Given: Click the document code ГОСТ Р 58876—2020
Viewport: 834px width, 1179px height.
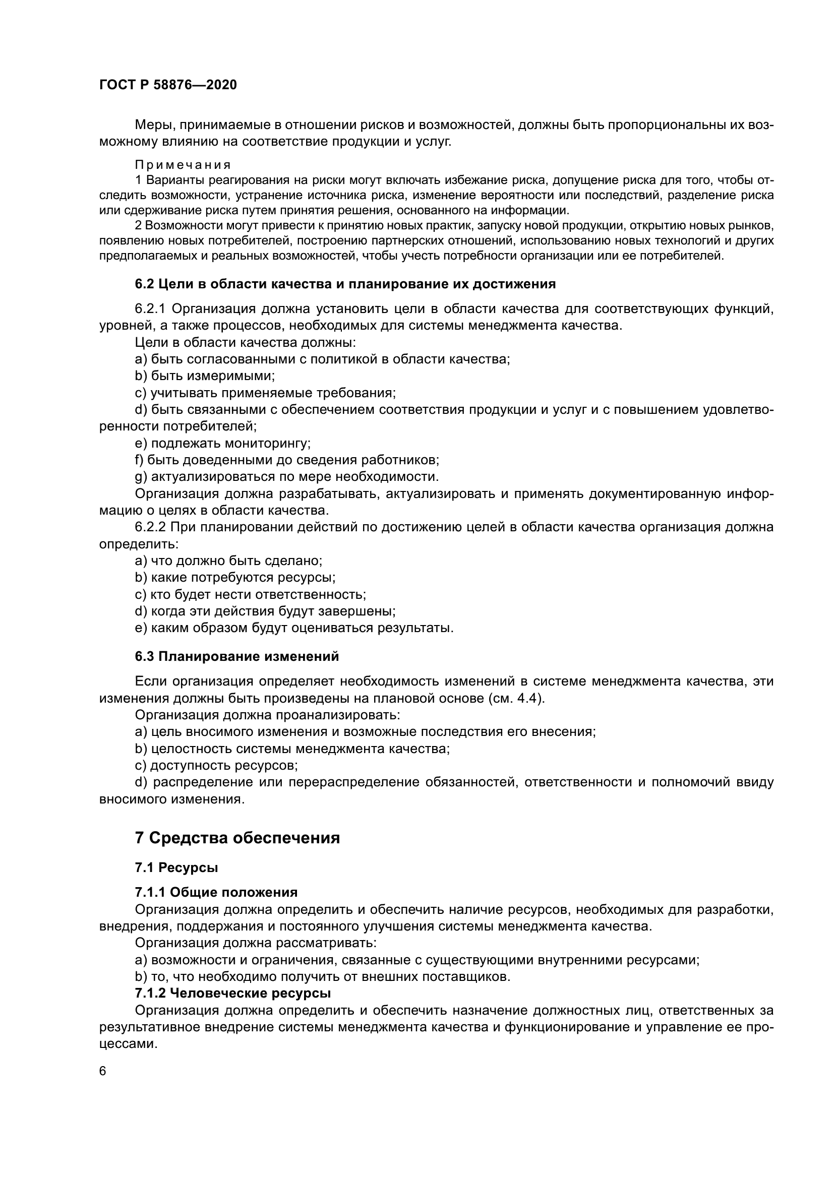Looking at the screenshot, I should click(168, 85).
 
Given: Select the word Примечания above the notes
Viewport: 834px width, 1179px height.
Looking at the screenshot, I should click(183, 165).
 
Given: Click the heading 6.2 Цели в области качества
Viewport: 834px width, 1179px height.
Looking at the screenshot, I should click(345, 284).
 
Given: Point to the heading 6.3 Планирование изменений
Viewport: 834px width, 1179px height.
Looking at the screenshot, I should click(237, 656).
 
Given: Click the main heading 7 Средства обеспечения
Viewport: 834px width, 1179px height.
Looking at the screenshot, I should click(237, 838).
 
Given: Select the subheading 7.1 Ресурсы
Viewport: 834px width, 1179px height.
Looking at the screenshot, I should click(176, 868).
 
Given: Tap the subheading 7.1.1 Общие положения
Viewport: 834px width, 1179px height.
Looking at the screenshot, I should click(216, 892).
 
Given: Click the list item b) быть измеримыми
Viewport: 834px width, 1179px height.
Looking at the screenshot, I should click(205, 376).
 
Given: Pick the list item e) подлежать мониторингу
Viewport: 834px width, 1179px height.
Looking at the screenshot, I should click(223, 443).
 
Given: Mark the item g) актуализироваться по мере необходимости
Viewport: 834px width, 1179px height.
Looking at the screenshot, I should click(286, 476).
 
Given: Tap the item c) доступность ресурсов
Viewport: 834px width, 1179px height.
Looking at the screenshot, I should click(216, 766).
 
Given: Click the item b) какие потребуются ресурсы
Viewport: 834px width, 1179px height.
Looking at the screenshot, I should click(234, 577).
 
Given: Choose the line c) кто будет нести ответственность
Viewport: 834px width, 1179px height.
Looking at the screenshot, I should click(250, 594).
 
